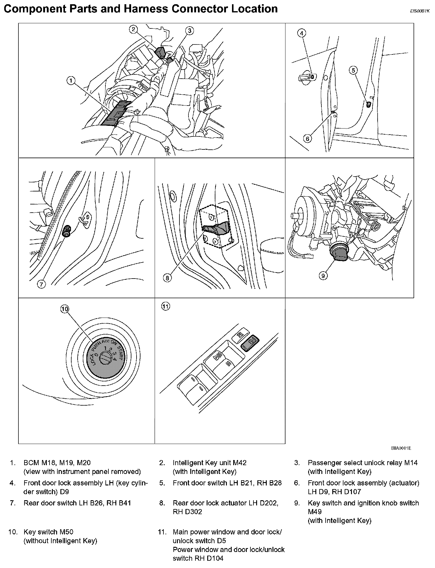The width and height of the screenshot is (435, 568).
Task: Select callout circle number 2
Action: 133,29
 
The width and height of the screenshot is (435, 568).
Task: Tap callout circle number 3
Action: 189,30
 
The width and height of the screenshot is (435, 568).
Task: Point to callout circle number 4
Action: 302,33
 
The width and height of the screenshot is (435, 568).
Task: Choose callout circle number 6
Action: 308,139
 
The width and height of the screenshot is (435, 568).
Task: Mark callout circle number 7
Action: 41,284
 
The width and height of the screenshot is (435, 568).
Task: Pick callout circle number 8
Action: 167,278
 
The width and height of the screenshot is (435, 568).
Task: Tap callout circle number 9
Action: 323,276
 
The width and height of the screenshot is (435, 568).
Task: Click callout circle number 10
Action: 65,308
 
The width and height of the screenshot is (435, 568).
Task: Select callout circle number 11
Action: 166,306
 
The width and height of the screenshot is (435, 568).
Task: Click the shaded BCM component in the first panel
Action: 116,113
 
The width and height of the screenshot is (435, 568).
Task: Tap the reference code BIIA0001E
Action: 401,448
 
